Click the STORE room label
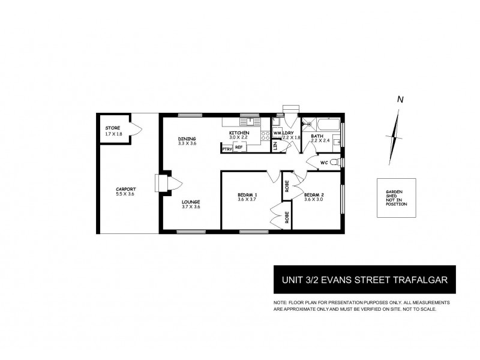[x=113, y=128]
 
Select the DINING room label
[x=187, y=139]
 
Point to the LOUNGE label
[x=191, y=202]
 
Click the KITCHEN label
[x=239, y=132]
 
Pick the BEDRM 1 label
[x=247, y=195]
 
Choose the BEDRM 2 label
[x=314, y=195]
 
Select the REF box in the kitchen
[x=238, y=147]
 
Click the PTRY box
[x=226, y=148]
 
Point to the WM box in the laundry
[x=277, y=133]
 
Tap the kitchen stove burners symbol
[x=265, y=136]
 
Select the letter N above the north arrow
[x=400, y=100]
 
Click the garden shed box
[x=396, y=198]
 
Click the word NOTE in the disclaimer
[x=280, y=302]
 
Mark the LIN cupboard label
[x=275, y=146]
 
